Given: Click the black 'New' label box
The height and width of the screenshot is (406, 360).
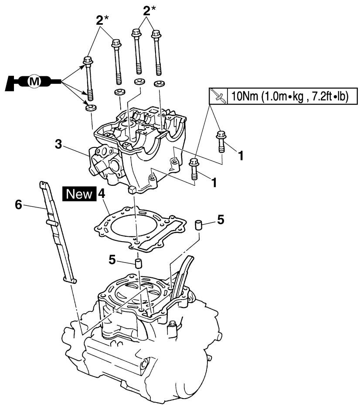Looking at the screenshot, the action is point(79,194).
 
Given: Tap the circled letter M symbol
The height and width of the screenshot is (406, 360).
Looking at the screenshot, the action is point(34,81).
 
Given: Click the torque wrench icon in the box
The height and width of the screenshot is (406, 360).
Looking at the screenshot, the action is point(218,96).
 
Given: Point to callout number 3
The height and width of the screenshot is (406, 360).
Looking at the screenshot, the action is point(58,144).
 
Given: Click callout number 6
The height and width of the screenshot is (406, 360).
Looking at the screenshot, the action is point(19,205).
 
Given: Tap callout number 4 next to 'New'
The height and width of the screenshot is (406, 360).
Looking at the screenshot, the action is point(101,194).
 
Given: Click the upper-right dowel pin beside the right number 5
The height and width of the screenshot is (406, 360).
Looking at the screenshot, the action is point(198,225).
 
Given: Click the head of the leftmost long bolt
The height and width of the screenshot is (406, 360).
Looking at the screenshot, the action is point(88,61).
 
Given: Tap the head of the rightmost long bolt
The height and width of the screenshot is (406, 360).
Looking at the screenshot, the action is point(156,34).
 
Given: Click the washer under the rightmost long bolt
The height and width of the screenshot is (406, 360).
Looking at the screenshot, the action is point(160,84).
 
